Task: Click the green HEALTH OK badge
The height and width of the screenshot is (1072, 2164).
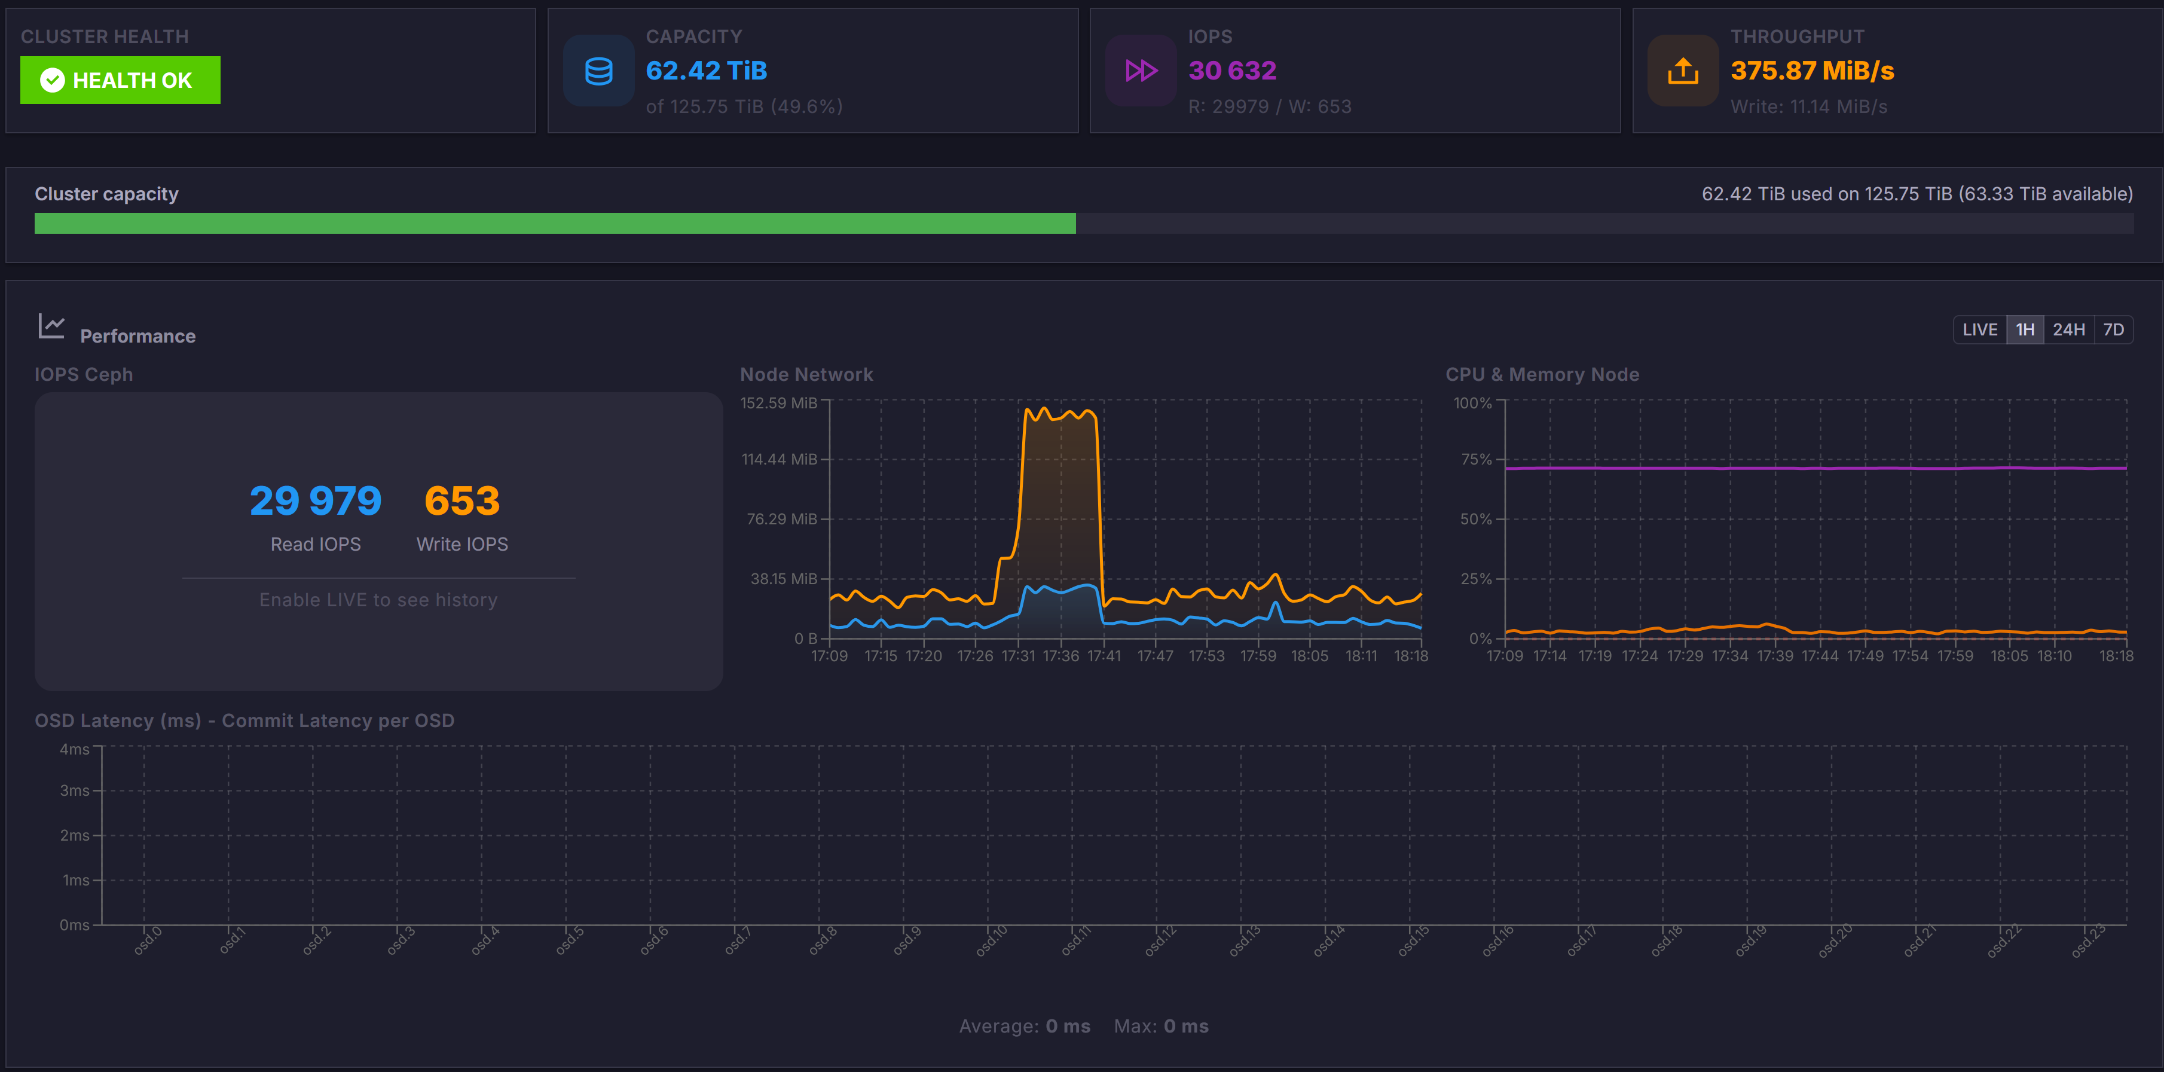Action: [120, 81]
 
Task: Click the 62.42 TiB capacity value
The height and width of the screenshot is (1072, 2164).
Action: [705, 71]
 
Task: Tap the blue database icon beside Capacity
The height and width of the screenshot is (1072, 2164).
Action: [598, 71]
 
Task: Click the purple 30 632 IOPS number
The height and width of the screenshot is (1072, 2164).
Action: [1231, 71]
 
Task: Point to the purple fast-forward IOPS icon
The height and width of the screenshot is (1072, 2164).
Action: [1141, 71]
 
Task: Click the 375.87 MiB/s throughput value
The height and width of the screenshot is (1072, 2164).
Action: [1811, 71]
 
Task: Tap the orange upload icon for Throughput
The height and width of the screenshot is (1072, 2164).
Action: [1683, 71]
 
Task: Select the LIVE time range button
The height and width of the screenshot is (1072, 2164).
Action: [1979, 329]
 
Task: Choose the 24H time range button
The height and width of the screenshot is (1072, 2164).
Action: [2068, 329]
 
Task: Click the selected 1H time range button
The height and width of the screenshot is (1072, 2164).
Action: [2025, 329]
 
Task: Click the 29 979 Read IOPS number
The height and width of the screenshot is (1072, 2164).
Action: [315, 502]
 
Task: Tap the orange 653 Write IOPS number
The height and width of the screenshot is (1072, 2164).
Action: [462, 502]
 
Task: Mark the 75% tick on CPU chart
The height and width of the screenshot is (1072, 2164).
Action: [1476, 460]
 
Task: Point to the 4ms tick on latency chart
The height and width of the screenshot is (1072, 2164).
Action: [74, 749]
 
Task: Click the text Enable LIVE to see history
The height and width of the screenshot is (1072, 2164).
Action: [378, 600]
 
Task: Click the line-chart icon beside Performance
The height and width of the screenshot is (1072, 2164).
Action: [51, 326]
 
